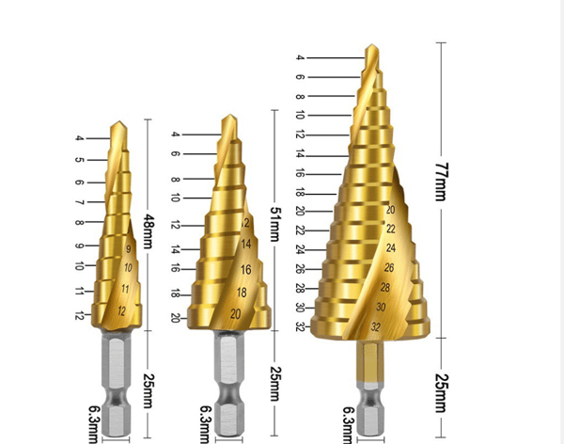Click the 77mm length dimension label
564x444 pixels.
[x=442, y=182]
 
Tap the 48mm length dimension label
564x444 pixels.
[x=149, y=231]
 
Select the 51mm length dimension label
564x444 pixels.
[x=275, y=224]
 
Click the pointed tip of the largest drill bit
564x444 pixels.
[x=372, y=44]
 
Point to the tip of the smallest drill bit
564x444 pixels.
[x=118, y=121]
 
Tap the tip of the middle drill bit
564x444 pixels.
[x=229, y=115]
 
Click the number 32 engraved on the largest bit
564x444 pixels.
[x=376, y=327]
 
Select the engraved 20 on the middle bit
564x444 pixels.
[x=236, y=314]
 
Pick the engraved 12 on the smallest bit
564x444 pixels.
[x=122, y=310]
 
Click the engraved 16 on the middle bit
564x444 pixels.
[x=246, y=270]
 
